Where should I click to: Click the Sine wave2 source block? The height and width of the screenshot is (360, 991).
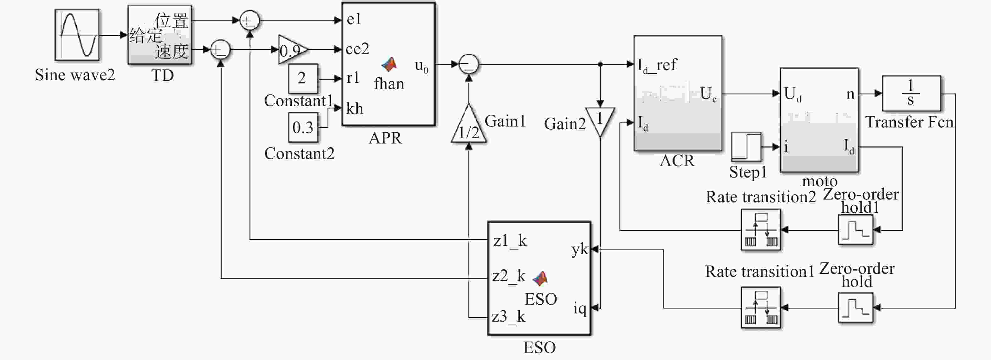tap(77, 35)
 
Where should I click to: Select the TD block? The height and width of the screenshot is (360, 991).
tap(160, 35)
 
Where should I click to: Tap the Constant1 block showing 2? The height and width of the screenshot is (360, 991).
tap(303, 78)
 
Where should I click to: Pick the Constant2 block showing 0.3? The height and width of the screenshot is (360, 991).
tap(303, 127)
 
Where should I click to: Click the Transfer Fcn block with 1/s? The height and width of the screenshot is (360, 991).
tap(911, 93)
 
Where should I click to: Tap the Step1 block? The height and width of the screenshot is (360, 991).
tap(746, 147)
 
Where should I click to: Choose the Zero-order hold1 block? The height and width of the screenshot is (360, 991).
tap(856, 230)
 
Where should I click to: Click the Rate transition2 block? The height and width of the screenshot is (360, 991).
tap(761, 230)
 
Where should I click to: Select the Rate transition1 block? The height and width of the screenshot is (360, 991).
tap(761, 307)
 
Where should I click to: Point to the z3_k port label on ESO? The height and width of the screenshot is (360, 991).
tap(508, 317)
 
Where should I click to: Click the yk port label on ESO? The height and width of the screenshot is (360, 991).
tap(580, 250)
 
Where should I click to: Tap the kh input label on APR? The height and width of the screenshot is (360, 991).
tap(354, 109)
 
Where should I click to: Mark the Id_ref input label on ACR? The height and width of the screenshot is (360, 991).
tap(657, 65)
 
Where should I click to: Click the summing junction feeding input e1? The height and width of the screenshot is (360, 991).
tap(249, 20)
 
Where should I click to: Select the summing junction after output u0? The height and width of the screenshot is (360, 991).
tap(468, 64)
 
